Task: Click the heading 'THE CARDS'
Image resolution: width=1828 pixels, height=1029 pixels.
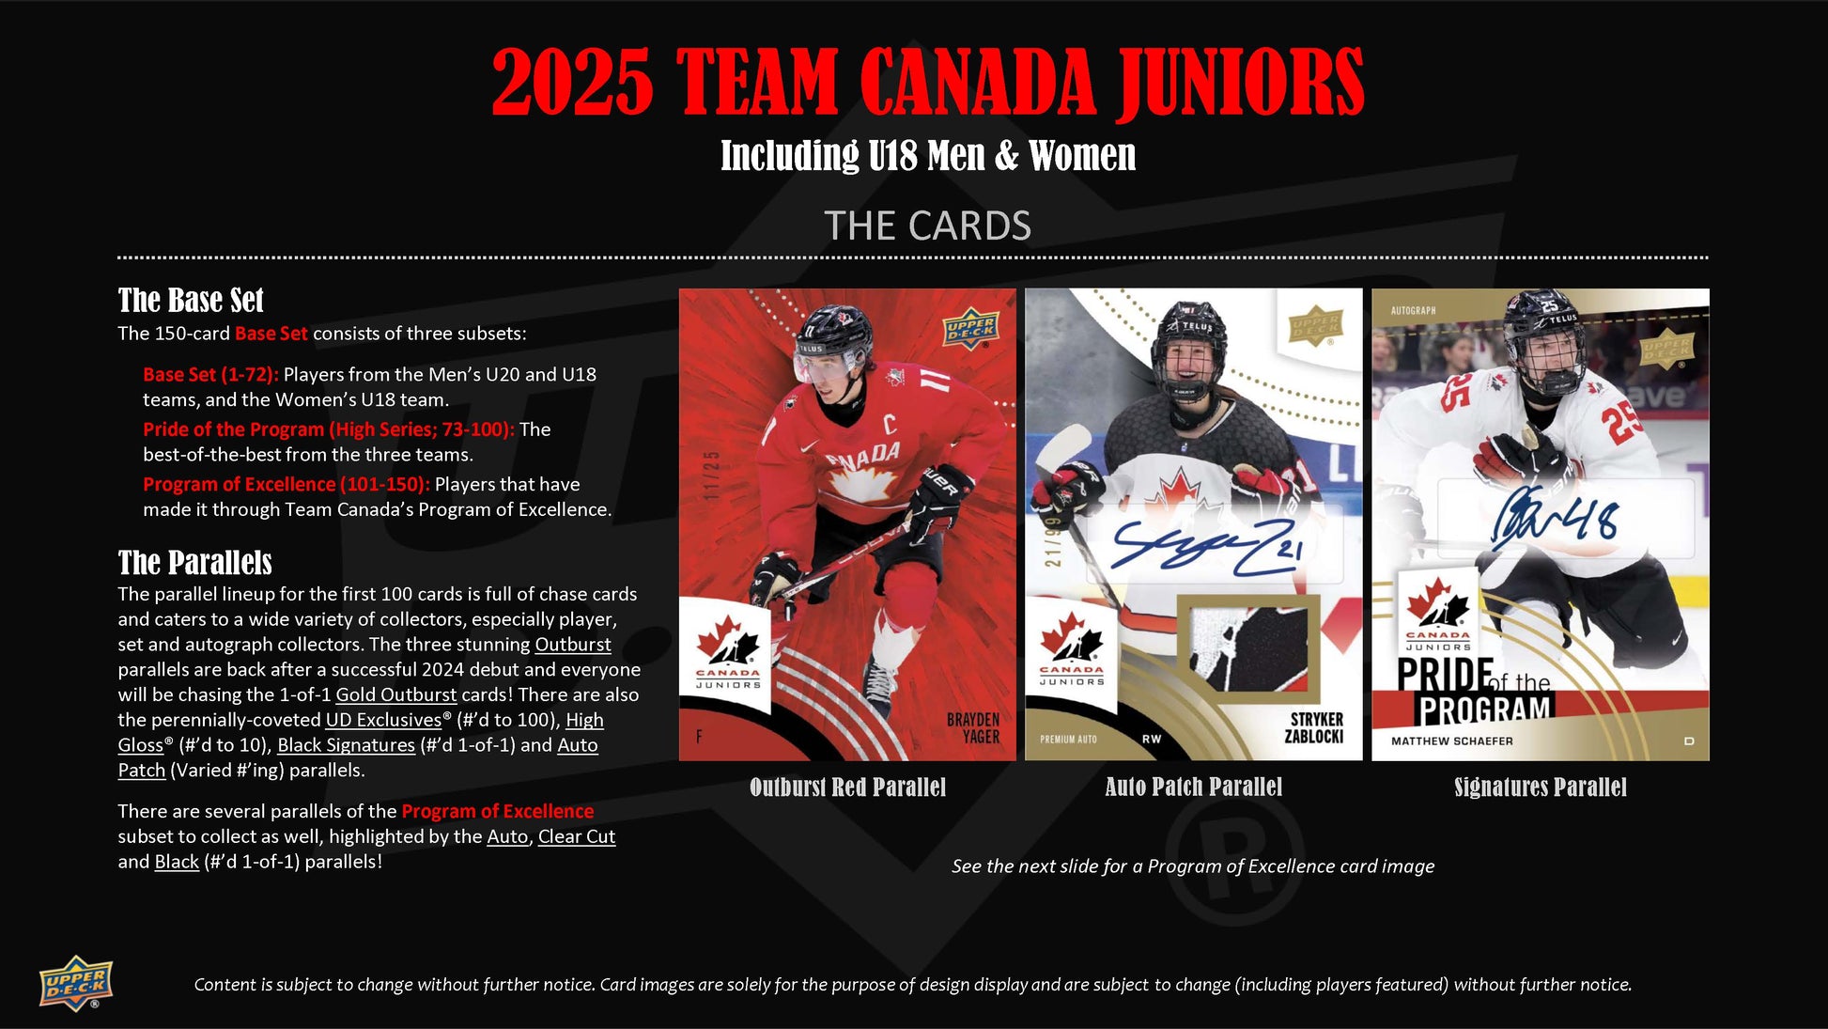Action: pyautogui.click(x=927, y=226)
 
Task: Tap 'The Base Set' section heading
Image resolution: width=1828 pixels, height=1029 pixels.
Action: pyautogui.click(x=191, y=300)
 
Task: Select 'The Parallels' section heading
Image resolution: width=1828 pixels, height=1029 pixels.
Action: pyautogui.click(x=194, y=562)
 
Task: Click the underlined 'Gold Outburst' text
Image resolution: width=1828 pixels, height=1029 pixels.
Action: pyautogui.click(x=396, y=694)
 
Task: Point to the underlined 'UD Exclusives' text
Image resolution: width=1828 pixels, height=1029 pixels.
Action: pyautogui.click(x=383, y=720)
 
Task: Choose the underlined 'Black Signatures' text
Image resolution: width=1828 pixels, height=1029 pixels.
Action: pyautogui.click(x=346, y=745)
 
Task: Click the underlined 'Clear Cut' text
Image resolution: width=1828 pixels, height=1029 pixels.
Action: pyautogui.click(x=577, y=836)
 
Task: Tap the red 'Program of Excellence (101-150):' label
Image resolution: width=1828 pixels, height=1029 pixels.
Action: pyautogui.click(x=287, y=484)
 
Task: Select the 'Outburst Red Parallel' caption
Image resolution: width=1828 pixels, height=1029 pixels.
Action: pyautogui.click(x=847, y=787)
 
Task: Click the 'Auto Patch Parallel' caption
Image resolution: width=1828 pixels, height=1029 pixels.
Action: pyautogui.click(x=1193, y=787)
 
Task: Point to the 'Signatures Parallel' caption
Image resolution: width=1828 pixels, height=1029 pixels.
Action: pyautogui.click(x=1541, y=787)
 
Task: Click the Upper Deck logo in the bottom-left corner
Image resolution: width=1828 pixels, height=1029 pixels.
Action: pyautogui.click(x=76, y=984)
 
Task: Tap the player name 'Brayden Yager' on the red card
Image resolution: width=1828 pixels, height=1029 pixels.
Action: pyautogui.click(x=973, y=728)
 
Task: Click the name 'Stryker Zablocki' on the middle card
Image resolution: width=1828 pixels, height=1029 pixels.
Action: pyautogui.click(x=1313, y=727)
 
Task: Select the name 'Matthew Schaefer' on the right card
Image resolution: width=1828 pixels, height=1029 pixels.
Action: pyautogui.click(x=1452, y=741)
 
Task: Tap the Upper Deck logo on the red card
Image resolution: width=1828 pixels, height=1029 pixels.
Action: pyautogui.click(x=971, y=329)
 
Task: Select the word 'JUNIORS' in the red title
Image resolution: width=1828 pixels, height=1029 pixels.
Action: pyautogui.click(x=1240, y=83)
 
